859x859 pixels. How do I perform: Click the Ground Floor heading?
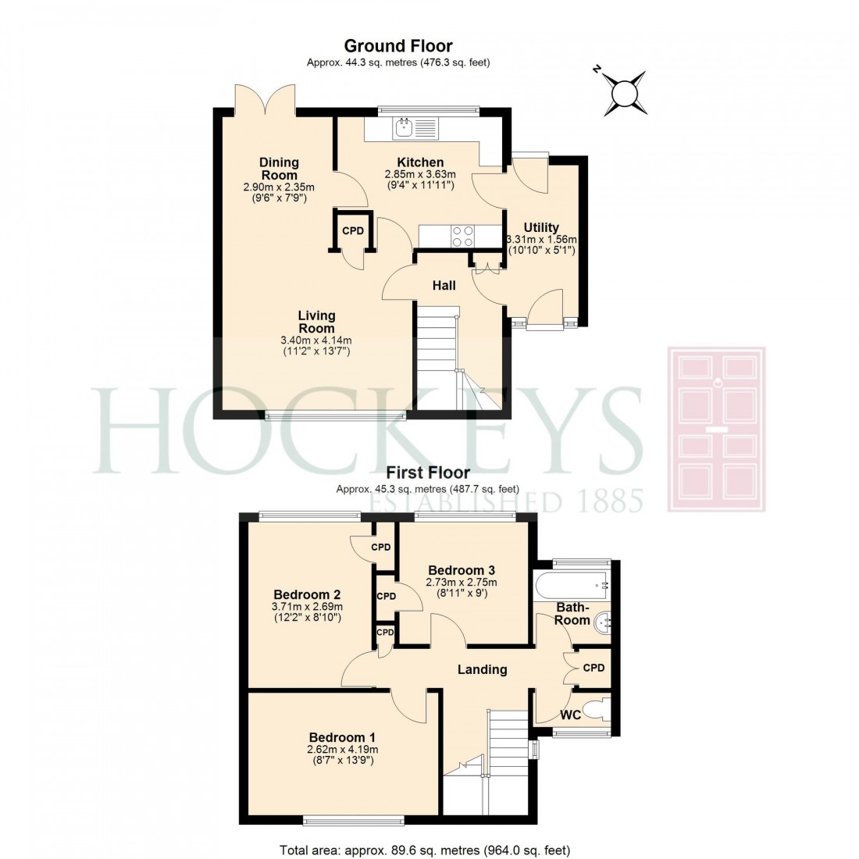(x=398, y=46)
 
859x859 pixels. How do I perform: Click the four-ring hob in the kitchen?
(x=462, y=236)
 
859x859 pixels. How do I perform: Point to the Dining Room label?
(x=279, y=169)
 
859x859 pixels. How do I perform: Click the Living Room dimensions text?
(x=315, y=346)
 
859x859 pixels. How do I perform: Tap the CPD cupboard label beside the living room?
(x=353, y=231)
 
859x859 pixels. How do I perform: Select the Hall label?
(x=444, y=286)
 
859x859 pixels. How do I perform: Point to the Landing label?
(x=482, y=669)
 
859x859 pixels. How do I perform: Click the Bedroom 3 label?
(x=461, y=570)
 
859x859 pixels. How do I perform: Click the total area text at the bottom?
(x=425, y=850)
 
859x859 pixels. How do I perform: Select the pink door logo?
(x=716, y=429)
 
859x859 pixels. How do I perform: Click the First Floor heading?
(x=427, y=472)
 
